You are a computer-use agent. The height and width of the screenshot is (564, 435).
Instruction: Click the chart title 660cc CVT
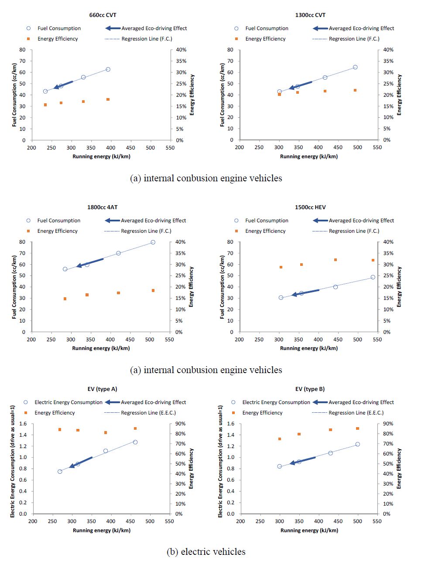point(103,15)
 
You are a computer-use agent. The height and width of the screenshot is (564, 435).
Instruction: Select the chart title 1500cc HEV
point(310,207)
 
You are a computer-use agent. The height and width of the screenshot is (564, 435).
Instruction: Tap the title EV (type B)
point(310,389)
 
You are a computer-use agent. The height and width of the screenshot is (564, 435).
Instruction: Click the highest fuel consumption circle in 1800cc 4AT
point(153,242)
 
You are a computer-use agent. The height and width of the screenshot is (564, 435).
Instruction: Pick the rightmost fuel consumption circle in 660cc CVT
point(108,69)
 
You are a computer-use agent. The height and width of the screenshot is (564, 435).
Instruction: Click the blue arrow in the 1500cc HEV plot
point(305,292)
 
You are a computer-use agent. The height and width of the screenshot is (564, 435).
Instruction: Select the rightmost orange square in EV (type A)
point(135,428)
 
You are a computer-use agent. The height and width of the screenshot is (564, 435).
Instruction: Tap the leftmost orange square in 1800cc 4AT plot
point(65,299)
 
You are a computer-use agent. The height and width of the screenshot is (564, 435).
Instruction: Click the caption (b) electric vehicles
point(206,552)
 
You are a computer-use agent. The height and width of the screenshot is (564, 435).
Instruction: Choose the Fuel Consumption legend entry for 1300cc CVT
point(267,28)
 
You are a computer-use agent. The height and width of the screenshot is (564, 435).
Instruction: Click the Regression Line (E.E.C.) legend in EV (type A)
point(148,413)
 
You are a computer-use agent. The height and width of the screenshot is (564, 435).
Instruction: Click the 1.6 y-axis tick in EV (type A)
point(23,424)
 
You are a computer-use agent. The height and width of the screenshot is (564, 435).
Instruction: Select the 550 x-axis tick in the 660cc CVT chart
point(170,148)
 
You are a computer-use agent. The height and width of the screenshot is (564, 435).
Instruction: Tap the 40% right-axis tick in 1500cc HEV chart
point(388,242)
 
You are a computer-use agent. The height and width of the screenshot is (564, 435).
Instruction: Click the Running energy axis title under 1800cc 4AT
point(101,348)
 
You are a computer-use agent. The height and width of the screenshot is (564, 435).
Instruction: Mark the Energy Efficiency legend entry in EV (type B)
point(262,413)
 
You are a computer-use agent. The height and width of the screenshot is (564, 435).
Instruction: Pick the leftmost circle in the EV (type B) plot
point(279,466)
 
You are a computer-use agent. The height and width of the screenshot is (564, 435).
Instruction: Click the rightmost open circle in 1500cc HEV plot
point(373,277)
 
